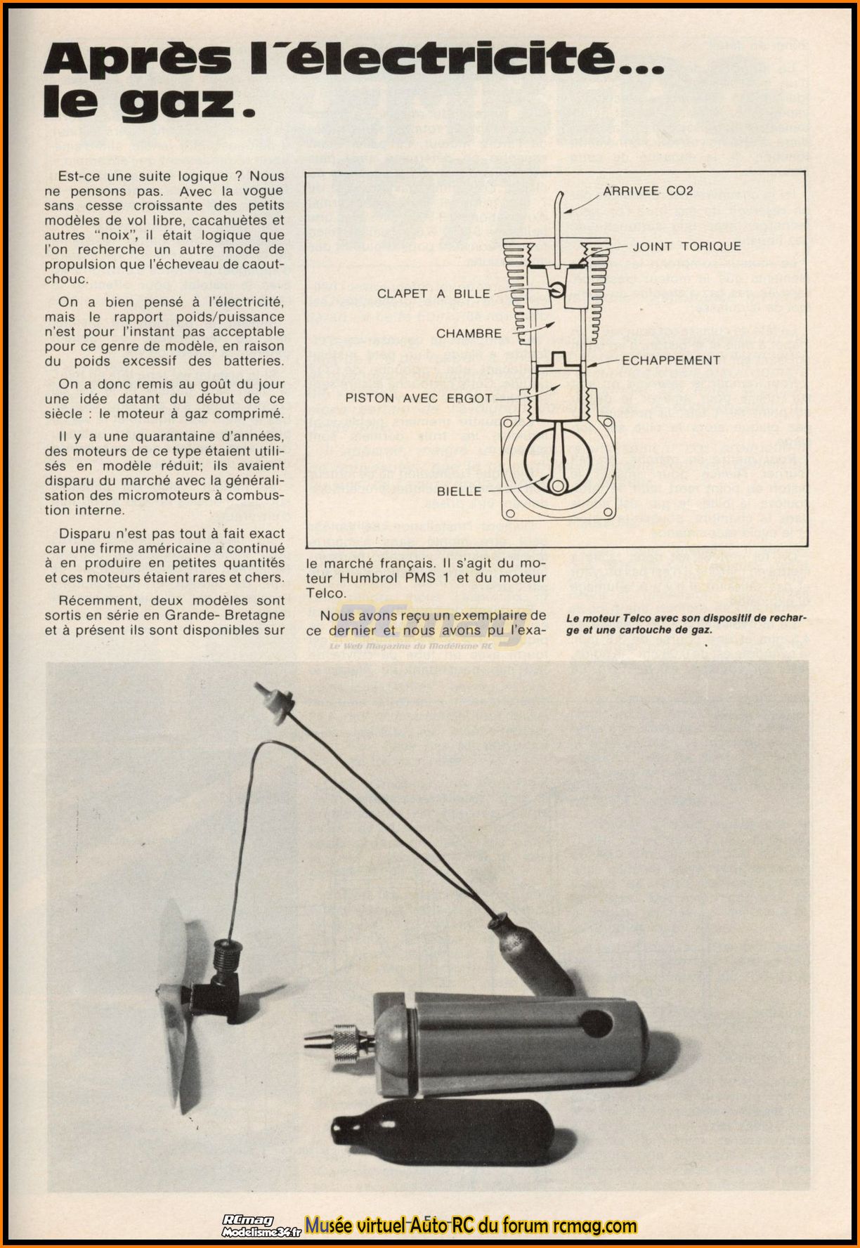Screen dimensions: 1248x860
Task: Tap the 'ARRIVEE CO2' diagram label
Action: pos(648,190)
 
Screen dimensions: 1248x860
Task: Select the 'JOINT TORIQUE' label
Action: pos(686,246)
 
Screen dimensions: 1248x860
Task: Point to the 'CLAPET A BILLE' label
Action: pos(434,293)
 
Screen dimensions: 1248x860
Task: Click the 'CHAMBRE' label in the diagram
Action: pos(469,333)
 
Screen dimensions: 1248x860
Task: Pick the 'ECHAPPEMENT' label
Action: pos(671,360)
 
